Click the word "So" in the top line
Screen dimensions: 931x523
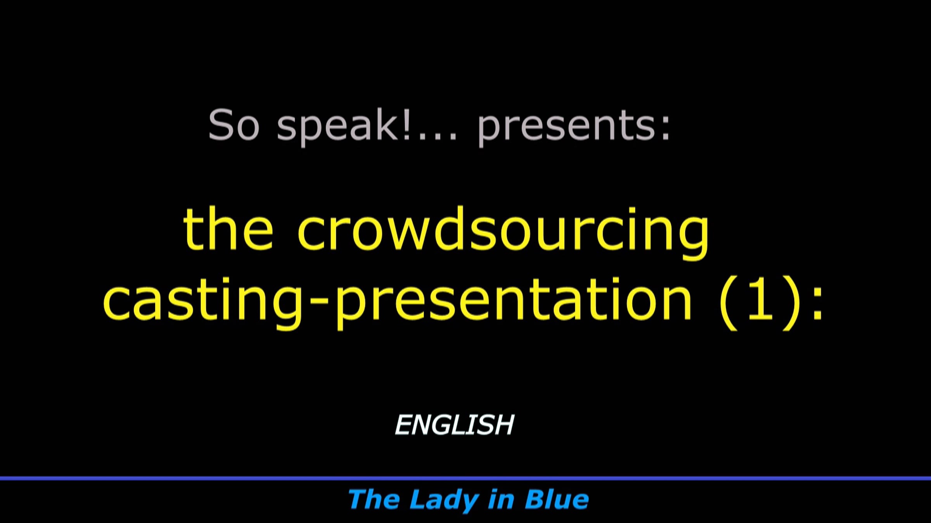tap(234, 124)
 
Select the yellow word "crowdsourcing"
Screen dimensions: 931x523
tap(503, 232)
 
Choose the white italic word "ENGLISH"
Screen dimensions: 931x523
tap(454, 425)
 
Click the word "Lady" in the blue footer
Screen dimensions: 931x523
tap(444, 500)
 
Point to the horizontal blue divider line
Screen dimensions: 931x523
tap(465, 478)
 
